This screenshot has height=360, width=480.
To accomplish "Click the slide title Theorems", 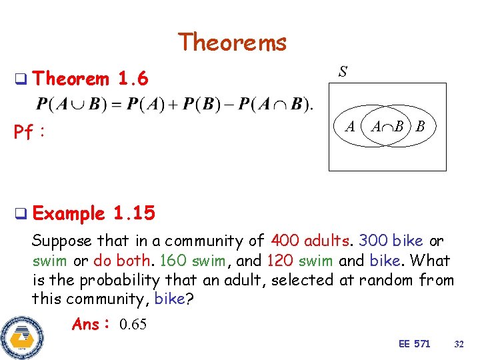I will point(232,43).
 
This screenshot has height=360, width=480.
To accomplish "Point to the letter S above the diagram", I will point(342,71).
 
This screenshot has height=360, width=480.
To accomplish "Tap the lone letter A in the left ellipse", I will point(349,127).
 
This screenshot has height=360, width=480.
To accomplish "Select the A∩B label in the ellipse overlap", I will point(387,127).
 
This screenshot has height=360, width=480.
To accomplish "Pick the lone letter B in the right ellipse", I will point(420,127).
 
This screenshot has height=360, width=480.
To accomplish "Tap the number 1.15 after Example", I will point(134,213).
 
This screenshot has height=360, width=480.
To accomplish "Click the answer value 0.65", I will point(133,325).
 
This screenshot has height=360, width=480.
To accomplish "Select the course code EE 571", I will point(414,344).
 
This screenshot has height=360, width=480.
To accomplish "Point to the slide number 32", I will point(458,344).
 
